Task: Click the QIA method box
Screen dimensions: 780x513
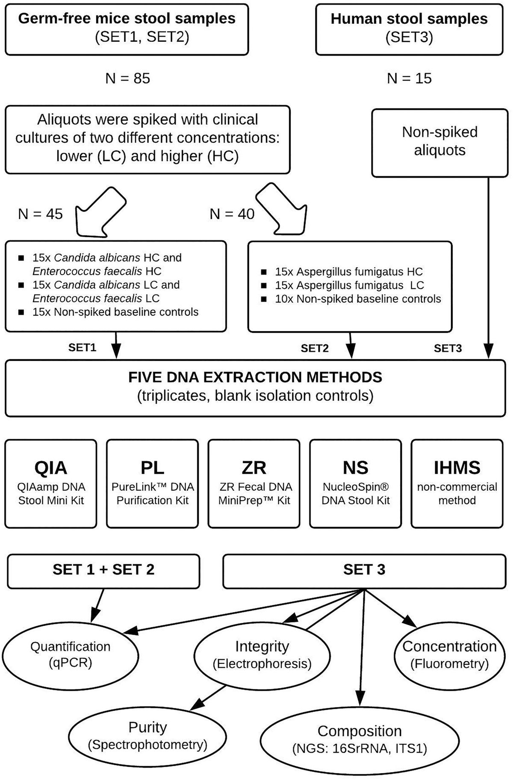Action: [x=51, y=484]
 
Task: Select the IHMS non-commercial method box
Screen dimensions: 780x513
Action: [x=457, y=484]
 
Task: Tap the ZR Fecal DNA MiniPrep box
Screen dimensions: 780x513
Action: [x=254, y=484]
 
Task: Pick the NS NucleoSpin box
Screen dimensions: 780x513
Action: [x=355, y=484]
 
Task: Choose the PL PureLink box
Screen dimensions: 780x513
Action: [x=152, y=484]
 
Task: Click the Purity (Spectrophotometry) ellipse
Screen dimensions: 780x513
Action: [x=147, y=736]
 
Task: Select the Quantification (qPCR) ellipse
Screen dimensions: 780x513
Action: [x=70, y=654]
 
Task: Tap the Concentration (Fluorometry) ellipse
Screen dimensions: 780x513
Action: [x=449, y=654]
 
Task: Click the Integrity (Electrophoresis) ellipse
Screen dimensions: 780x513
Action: [x=262, y=654]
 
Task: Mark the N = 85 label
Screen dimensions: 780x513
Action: [x=127, y=78]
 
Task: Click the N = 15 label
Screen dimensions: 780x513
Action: [x=409, y=78]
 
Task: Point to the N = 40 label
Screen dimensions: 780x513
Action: [x=232, y=214]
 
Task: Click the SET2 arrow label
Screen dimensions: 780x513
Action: [x=314, y=348]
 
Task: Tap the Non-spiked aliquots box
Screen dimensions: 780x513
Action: [x=439, y=142]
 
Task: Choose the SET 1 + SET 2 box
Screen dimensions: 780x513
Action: [x=103, y=570]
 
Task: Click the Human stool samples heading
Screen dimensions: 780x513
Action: [x=409, y=19]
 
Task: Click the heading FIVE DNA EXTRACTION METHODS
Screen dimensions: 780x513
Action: [x=255, y=377]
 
